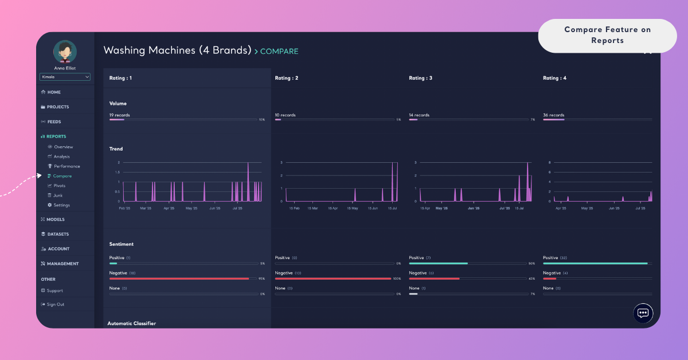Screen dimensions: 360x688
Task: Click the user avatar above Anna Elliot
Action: (x=65, y=52)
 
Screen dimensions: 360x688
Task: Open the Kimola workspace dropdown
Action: (x=65, y=77)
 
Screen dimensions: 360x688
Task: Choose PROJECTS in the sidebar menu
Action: (x=57, y=107)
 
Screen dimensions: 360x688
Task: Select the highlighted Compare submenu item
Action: (x=62, y=176)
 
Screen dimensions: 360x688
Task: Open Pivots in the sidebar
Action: (x=59, y=186)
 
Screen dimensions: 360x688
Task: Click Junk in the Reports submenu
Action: (x=58, y=195)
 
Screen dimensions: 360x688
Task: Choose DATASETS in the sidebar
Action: (x=58, y=234)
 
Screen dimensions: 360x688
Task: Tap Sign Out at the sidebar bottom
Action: (x=55, y=304)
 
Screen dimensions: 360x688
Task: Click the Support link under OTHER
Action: (x=54, y=291)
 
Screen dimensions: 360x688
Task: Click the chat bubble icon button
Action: (x=643, y=313)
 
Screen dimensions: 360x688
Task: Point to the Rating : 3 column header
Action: (x=420, y=78)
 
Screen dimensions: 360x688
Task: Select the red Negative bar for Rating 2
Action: (x=333, y=279)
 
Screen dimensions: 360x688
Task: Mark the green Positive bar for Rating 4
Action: (x=595, y=263)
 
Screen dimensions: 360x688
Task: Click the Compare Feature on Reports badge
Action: (x=607, y=36)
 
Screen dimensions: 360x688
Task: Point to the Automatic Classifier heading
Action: (x=131, y=323)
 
